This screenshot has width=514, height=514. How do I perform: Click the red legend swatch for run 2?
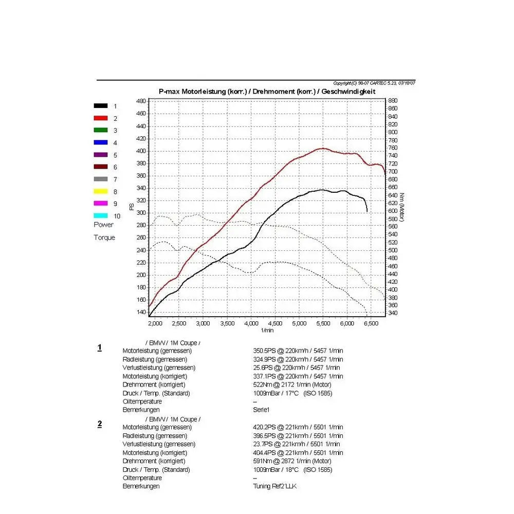click(101, 118)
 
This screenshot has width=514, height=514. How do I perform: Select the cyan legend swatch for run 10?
click(101, 216)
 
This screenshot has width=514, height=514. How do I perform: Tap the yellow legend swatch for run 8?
click(101, 192)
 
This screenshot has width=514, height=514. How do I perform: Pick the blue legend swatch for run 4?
click(101, 142)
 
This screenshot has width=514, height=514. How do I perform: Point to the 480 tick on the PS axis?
click(141, 101)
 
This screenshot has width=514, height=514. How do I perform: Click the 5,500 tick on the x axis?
click(323, 323)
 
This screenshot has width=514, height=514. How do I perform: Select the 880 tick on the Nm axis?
click(393, 101)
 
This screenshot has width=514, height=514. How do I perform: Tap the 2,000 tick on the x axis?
click(155, 323)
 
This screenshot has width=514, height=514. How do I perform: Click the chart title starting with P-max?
click(267, 91)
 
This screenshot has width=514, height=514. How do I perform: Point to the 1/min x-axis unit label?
click(267, 330)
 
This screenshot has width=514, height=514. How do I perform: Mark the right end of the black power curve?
click(367, 211)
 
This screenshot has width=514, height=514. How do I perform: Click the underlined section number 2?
click(100, 424)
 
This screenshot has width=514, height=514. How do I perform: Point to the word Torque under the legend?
click(104, 237)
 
